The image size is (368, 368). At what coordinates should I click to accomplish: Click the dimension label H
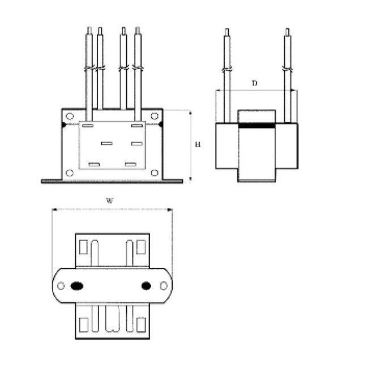(198, 145)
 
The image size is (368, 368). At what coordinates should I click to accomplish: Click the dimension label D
(255, 84)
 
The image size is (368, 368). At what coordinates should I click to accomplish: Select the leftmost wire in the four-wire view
(88, 74)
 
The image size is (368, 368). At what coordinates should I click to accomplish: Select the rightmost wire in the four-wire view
(138, 74)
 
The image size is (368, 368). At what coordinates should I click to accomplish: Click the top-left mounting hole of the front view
(69, 116)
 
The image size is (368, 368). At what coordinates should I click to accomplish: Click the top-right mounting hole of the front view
(153, 116)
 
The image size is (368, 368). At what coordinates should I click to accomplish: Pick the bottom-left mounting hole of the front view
(69, 172)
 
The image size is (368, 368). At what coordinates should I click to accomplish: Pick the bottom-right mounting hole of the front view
(153, 172)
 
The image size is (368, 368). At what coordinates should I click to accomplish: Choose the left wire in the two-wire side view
(227, 74)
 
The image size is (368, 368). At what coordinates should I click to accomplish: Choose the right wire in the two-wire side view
(289, 74)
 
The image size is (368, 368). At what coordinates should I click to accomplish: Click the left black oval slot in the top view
(75, 286)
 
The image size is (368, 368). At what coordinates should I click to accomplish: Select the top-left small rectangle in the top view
(83, 248)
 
